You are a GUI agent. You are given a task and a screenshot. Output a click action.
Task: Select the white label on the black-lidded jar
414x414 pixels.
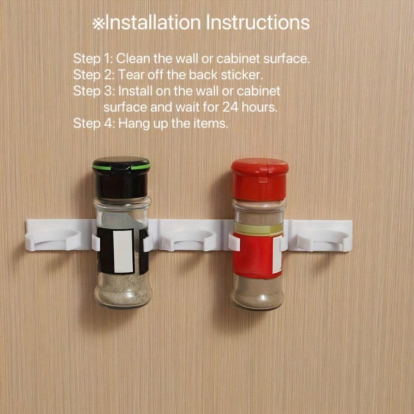coord(123,251)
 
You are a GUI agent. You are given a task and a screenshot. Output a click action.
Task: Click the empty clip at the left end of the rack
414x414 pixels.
coord(53,239)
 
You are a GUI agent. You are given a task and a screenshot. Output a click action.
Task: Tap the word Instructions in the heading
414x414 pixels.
coord(258,23)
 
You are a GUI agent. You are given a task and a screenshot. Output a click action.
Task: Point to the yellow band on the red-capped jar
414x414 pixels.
coord(258,229)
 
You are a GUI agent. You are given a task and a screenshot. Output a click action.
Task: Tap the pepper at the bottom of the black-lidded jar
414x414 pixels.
coord(123,291)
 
